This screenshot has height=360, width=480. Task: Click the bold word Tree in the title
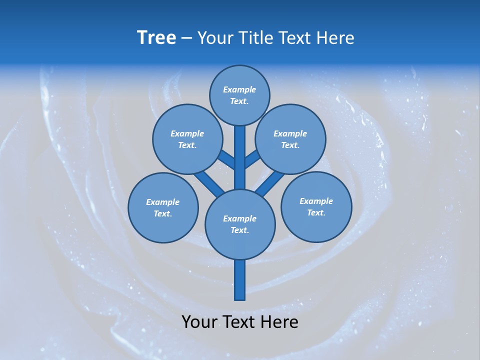[x=156, y=38]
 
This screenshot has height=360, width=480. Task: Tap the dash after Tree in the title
[x=186, y=38]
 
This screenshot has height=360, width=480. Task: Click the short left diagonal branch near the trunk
[x=226, y=160]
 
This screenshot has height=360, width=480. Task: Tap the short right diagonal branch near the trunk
[x=252, y=159]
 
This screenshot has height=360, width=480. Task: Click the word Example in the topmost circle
[x=239, y=89]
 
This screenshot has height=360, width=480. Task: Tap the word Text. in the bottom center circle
[x=239, y=230]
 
